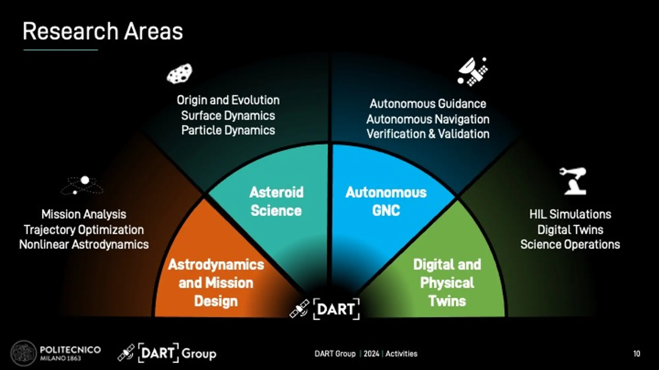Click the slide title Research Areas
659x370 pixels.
(x=102, y=32)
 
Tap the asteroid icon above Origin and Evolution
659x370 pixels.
(x=180, y=73)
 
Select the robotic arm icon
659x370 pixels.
(x=573, y=181)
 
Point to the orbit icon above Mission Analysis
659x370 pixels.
(x=82, y=185)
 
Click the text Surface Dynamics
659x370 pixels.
(x=228, y=115)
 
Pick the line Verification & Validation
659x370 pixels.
(x=428, y=134)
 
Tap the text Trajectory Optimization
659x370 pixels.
(x=84, y=230)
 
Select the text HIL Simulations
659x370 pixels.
(x=570, y=214)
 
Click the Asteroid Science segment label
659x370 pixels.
(x=276, y=201)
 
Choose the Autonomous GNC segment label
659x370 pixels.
(x=386, y=201)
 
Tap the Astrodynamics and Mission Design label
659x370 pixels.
(x=216, y=283)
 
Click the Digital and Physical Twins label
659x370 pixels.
(x=447, y=283)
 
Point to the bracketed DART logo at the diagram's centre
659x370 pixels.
(x=336, y=309)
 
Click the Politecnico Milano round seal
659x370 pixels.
(x=23, y=354)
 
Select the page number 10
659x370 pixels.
(x=636, y=354)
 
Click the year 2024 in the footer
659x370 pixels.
(x=371, y=354)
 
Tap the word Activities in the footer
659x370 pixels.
(x=401, y=354)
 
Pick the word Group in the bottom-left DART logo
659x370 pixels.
(x=199, y=354)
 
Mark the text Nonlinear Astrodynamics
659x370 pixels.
(x=84, y=244)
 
